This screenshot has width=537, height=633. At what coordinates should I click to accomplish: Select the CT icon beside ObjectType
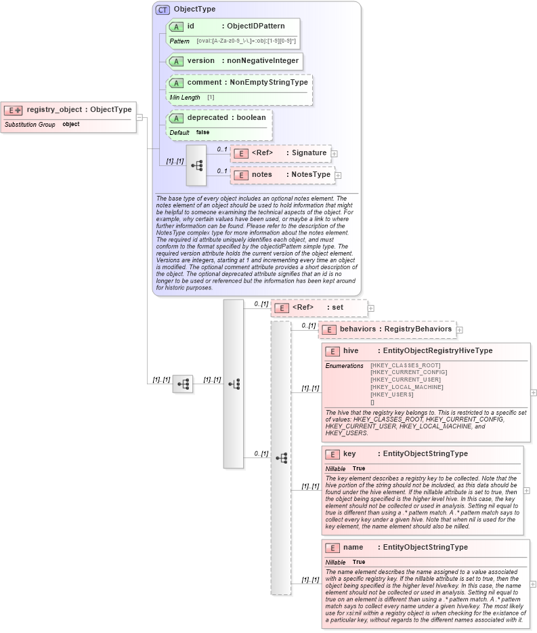click(163, 10)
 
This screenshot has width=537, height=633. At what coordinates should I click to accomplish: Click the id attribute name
click(191, 26)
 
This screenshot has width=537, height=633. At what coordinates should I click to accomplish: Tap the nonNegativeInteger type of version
click(262, 61)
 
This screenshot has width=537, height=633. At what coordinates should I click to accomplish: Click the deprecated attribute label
click(207, 118)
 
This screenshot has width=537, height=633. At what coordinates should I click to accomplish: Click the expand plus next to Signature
click(335, 154)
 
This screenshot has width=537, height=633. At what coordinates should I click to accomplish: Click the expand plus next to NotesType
click(338, 176)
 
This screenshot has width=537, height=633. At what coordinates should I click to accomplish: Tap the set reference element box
click(318, 308)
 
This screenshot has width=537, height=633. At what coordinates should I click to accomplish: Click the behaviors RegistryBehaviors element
click(386, 329)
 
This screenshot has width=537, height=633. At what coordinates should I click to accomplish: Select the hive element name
click(351, 351)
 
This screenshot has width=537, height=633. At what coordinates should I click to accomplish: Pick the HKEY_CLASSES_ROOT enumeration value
click(405, 365)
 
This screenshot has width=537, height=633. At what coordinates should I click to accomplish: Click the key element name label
click(349, 454)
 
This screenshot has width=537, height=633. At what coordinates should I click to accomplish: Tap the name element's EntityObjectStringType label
click(425, 548)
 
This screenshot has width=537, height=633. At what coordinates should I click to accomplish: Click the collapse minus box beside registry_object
click(139, 117)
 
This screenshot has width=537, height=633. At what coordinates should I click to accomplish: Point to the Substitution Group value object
click(71, 125)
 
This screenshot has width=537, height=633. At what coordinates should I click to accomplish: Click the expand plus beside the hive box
click(534, 392)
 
